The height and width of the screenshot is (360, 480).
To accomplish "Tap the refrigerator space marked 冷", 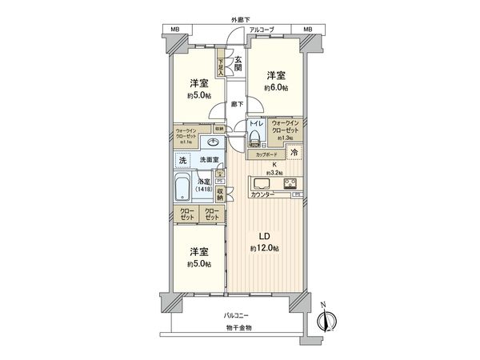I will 294,153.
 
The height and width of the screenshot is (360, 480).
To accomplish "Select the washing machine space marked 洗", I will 183,160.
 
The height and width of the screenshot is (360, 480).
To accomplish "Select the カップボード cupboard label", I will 267,154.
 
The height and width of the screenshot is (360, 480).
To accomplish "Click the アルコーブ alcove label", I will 261,30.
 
